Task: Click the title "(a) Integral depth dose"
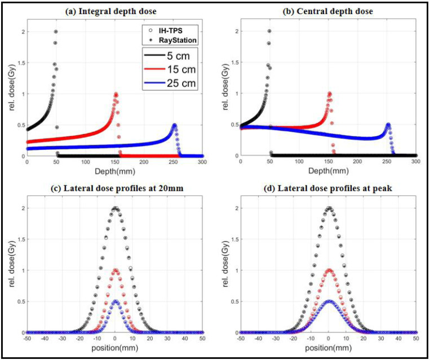111,11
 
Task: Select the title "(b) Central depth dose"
327,11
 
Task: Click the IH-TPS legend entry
166,30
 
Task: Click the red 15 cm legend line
154,69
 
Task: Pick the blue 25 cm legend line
154,82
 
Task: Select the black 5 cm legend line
154,56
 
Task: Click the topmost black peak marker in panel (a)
56,32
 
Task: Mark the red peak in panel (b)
329,94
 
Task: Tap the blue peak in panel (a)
174,125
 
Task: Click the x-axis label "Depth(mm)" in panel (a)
115,171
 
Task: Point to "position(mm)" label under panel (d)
328,348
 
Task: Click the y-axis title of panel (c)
12,264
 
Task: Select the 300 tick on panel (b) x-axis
416,162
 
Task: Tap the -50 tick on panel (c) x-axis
27,339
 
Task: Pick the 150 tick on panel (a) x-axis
114,162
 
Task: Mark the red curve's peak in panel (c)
115,270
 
